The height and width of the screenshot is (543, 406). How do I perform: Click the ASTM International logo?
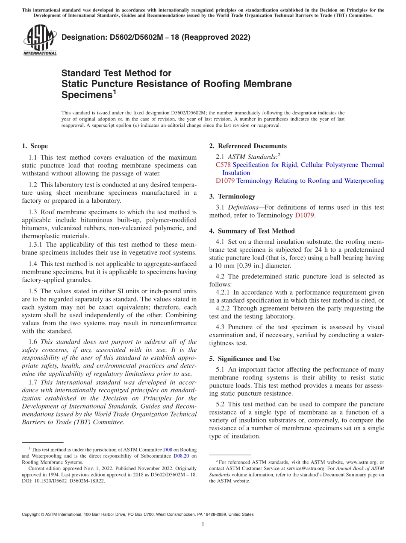(x=39, y=41)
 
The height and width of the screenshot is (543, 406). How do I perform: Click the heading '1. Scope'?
(x=35, y=146)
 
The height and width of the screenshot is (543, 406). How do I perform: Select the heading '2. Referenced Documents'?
(x=248, y=146)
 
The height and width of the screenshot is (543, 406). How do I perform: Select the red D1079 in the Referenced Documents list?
(x=225, y=181)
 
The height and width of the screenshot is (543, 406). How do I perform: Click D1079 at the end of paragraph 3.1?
(x=304, y=215)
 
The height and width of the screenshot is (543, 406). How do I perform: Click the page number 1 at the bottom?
(x=203, y=524)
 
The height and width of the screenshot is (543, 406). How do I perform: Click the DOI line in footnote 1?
(x=63, y=481)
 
